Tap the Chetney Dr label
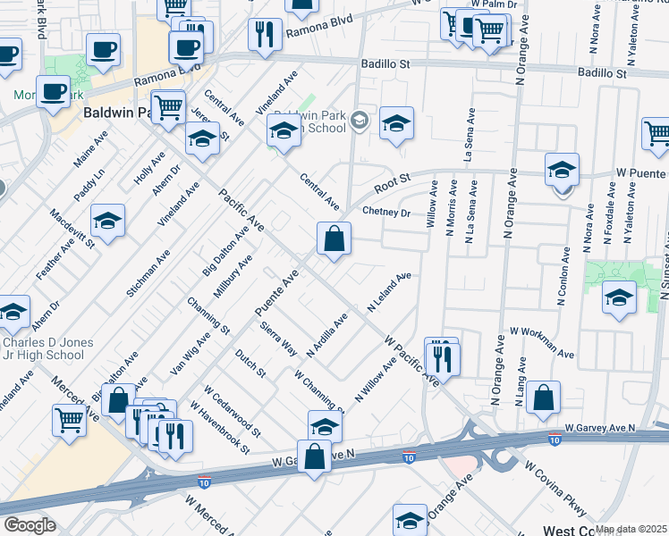(386, 213)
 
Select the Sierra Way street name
(276, 334)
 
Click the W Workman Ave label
(541, 342)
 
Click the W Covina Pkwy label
(554, 490)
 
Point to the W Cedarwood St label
(232, 412)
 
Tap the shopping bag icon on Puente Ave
(334, 239)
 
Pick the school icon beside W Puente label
(562, 169)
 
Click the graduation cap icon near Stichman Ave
(107, 220)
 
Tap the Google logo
(30, 525)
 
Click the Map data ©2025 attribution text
(631, 529)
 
